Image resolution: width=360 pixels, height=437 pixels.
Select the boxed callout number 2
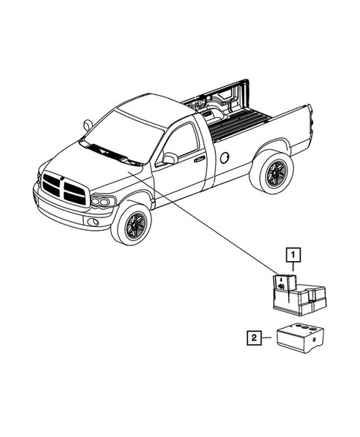tap(255, 338)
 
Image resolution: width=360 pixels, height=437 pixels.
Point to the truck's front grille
tap(65, 188)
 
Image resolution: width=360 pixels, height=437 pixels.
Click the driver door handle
tap(199, 159)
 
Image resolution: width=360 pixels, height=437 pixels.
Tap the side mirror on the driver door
tap(170, 158)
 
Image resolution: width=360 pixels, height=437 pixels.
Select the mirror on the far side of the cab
tap(88, 125)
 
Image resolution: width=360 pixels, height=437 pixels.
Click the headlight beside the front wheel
tap(103, 201)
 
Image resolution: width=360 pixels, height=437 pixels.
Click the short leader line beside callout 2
tap(269, 338)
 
